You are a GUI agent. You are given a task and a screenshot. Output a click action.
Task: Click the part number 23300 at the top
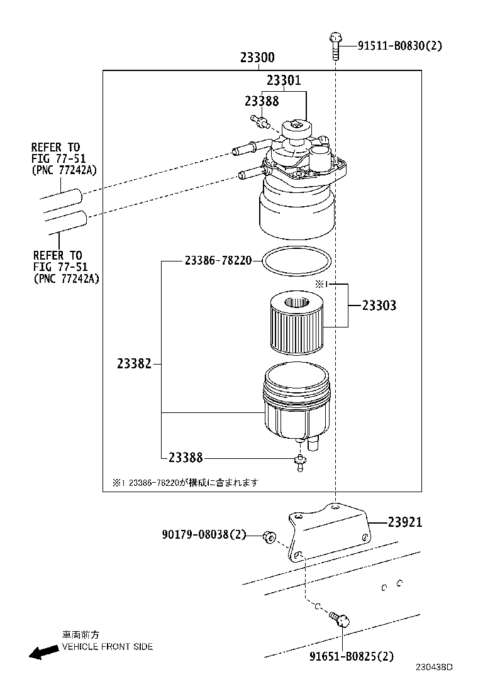pos(257,58)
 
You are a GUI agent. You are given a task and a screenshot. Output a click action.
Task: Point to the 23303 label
pos(379,306)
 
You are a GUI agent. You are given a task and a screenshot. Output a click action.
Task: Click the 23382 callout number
pos(134,364)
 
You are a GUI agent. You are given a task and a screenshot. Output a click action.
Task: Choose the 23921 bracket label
pos(404,522)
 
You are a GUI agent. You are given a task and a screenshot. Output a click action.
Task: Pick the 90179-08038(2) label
pos(204,535)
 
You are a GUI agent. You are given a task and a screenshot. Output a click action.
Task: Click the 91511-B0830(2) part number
pos(400,45)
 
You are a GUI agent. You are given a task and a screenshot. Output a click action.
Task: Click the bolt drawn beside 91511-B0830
pos(334,45)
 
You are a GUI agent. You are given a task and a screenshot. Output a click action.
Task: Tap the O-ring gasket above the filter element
pos(295,261)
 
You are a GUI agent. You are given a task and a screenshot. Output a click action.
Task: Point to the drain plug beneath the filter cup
pos(301,463)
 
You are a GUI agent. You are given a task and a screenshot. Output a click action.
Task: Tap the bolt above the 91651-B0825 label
pos(341,620)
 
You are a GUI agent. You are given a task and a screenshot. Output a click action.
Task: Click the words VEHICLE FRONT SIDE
pos(107,647)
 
